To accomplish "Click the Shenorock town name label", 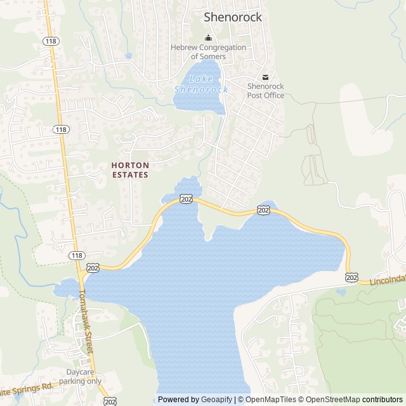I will [x=232, y=17].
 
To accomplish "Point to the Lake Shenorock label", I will [x=201, y=85].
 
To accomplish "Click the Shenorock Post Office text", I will [x=265, y=91].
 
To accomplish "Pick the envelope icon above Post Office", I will [x=265, y=77].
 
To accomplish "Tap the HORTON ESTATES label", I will [x=130, y=169].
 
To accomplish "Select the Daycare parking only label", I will [x=81, y=377].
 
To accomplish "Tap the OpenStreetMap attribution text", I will [x=331, y=400].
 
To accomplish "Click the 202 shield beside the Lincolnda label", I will [x=352, y=277].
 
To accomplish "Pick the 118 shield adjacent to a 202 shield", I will [x=77, y=255].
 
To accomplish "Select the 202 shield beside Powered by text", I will [x=110, y=401].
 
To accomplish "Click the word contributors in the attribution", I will [x=383, y=400].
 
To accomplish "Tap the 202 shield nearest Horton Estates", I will [x=186, y=199].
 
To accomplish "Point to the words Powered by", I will [x=178, y=400].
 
